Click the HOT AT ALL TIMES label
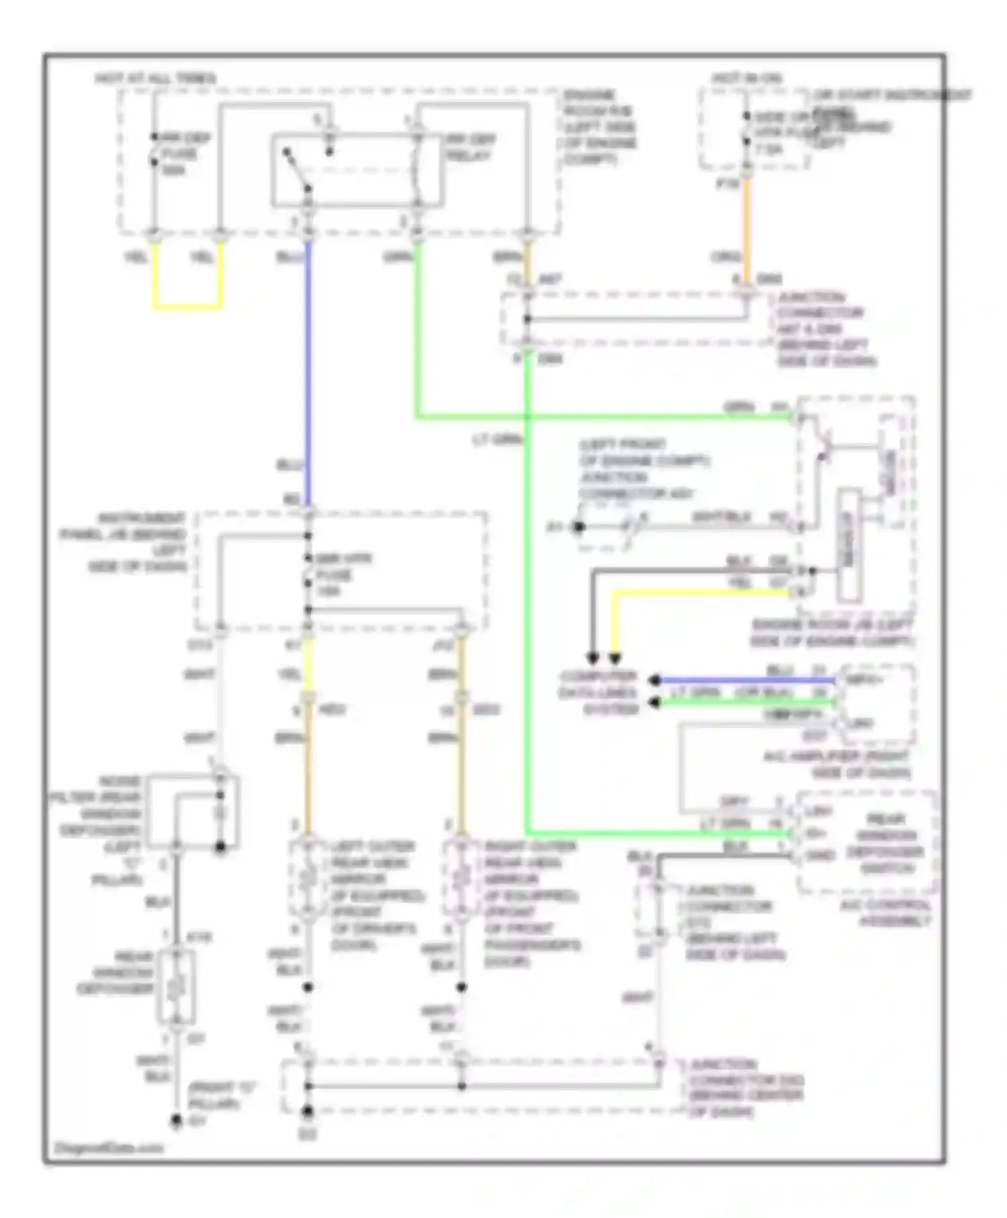tap(155, 79)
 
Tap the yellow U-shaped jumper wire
tap(187, 308)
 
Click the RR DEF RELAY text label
tap(471, 148)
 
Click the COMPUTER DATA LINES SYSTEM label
tap(600, 692)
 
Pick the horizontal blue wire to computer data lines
tap(745, 680)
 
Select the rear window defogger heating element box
tap(176, 986)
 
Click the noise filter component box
tap(193, 812)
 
